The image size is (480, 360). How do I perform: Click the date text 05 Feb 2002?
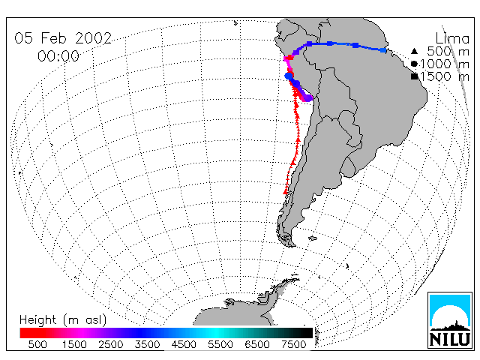point(63,38)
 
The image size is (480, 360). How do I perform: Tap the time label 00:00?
point(58,56)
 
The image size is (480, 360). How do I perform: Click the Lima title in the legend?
point(452,39)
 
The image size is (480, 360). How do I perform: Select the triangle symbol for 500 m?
point(414,51)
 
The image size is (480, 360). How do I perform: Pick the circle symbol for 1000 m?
point(414,64)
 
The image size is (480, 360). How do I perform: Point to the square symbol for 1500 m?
point(414,76)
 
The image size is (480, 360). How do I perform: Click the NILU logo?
point(450,320)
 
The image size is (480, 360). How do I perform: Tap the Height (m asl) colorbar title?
point(63,320)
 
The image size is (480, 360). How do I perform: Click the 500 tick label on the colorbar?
point(37,345)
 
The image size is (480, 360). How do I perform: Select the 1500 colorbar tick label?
point(74,345)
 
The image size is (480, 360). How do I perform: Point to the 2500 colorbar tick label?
point(111,345)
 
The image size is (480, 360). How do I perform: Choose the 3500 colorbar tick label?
point(147,345)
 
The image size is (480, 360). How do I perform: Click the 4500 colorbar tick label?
point(184,345)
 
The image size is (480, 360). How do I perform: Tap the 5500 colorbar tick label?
point(220,345)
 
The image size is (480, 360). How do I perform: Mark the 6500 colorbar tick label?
point(256,345)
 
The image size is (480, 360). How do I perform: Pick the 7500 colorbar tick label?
point(293,345)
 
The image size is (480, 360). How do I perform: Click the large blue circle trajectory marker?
point(289,76)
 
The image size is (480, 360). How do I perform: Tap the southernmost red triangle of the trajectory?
point(286,192)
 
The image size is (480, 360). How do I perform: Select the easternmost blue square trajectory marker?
point(383,50)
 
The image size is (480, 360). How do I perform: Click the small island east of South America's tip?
point(313,238)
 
